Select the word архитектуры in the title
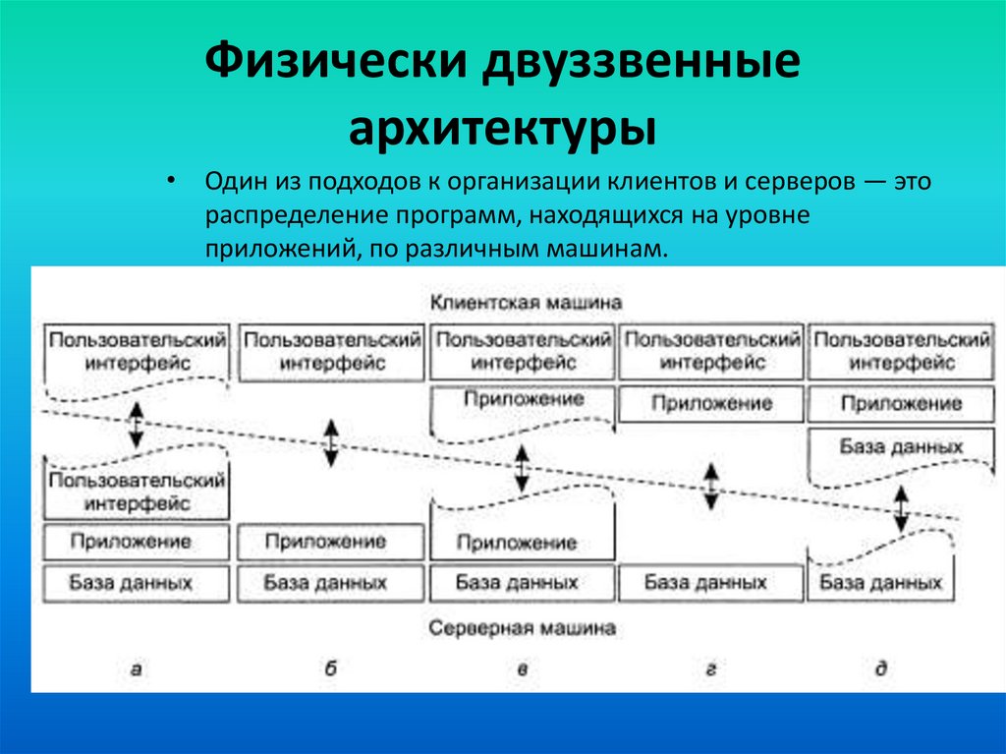click(x=504, y=129)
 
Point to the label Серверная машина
click(x=523, y=627)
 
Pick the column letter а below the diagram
click(x=137, y=669)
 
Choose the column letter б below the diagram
click(x=330, y=669)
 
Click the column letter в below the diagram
click(x=523, y=669)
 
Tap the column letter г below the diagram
click(x=709, y=669)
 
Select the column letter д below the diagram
click(x=881, y=669)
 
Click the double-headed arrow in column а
click(x=137, y=425)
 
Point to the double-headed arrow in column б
click(x=331, y=442)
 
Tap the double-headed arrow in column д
click(x=900, y=508)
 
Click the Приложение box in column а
click(x=137, y=542)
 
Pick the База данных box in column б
click(x=328, y=582)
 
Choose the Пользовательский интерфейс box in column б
click(x=332, y=351)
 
